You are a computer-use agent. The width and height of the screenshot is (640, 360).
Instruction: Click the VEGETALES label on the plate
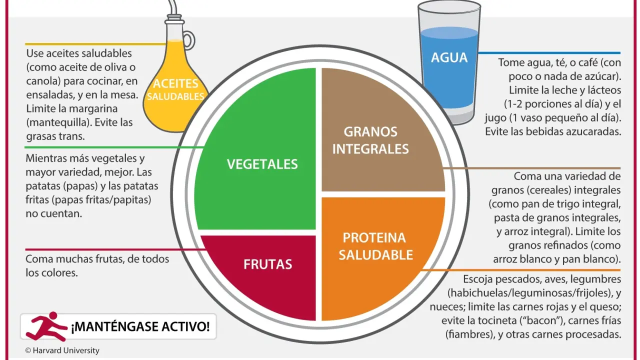pyautogui.click(x=262, y=164)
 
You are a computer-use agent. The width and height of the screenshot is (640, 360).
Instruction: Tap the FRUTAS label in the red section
pyautogui.click(x=267, y=264)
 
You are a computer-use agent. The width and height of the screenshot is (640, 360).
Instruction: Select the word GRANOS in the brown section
pyautogui.click(x=370, y=131)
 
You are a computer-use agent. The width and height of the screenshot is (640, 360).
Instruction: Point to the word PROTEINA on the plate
pyautogui.click(x=374, y=237)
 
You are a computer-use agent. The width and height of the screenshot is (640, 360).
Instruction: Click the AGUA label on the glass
pyautogui.click(x=449, y=57)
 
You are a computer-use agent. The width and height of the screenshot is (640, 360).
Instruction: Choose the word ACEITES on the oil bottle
pyautogui.click(x=175, y=83)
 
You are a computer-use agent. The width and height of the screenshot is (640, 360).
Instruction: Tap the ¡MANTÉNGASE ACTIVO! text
pyautogui.click(x=140, y=326)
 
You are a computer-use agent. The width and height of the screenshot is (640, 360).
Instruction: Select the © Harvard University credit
pyautogui.click(x=62, y=350)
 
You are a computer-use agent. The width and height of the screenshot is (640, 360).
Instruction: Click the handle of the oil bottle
pyautogui.click(x=189, y=40)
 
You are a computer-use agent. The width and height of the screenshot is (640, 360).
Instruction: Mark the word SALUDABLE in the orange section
pyautogui.click(x=375, y=255)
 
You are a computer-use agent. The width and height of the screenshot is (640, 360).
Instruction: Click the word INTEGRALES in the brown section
pyautogui.click(x=370, y=149)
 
